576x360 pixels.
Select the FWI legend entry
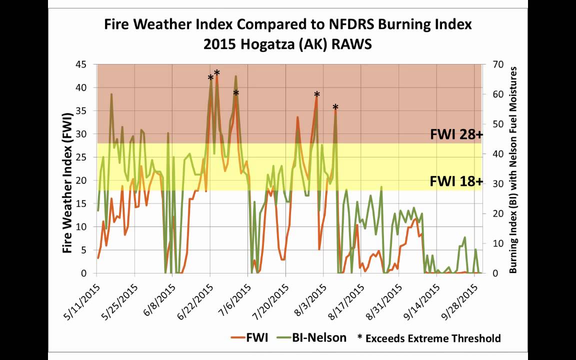pos(249,337)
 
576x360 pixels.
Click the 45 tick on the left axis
pos(80,64)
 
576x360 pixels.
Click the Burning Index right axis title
pos(512,170)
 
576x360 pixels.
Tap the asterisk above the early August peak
pos(316,95)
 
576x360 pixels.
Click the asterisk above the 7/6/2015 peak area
pos(236,93)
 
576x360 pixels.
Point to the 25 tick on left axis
pos(80,157)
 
